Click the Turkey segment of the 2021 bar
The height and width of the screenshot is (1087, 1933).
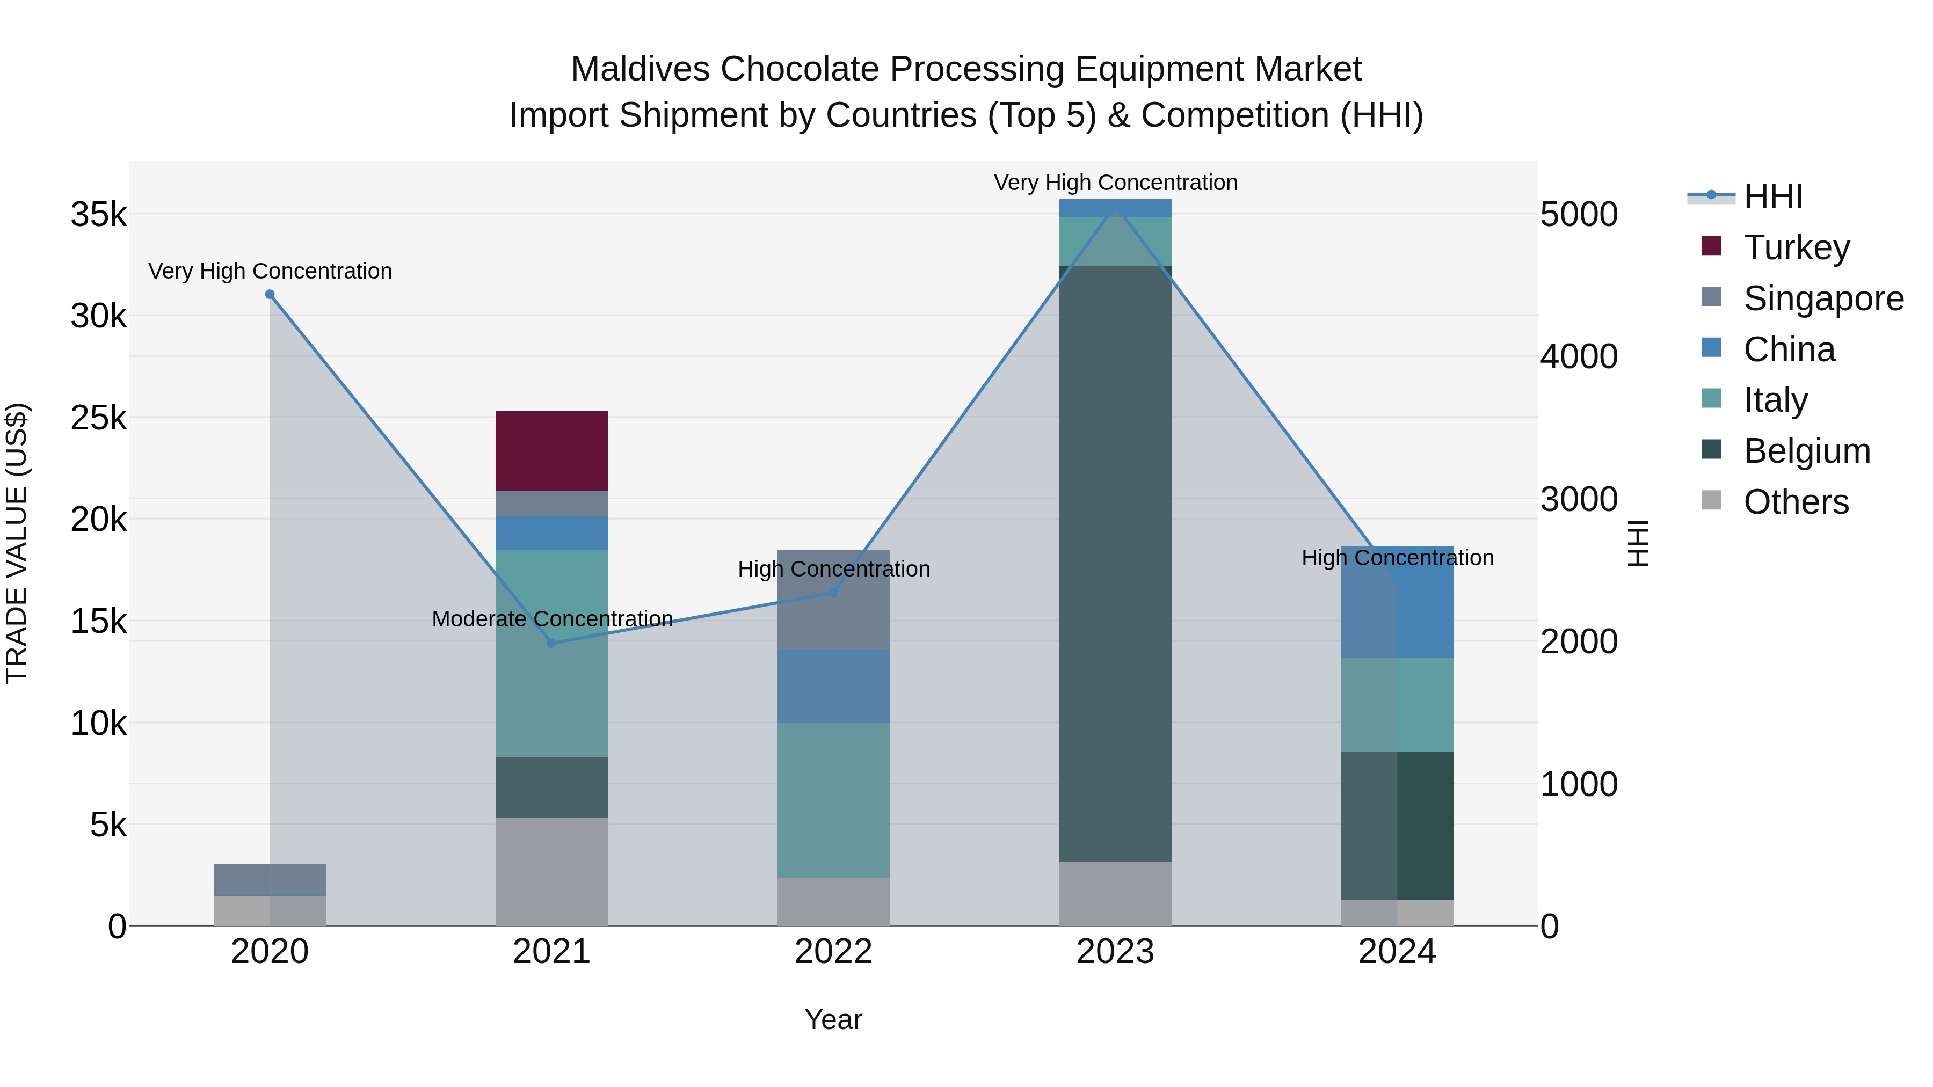pos(551,451)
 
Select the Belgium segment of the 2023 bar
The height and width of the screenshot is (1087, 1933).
pos(1115,563)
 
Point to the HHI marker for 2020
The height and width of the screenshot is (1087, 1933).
pos(270,295)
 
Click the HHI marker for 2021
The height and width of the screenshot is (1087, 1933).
pos(551,643)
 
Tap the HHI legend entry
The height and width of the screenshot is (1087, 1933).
pos(1772,196)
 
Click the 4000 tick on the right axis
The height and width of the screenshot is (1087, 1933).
pos(1579,356)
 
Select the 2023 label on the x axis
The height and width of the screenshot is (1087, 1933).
pos(1115,952)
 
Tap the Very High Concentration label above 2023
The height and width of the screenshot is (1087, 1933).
pos(1115,183)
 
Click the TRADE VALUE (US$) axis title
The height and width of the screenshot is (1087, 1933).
pos(17,543)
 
